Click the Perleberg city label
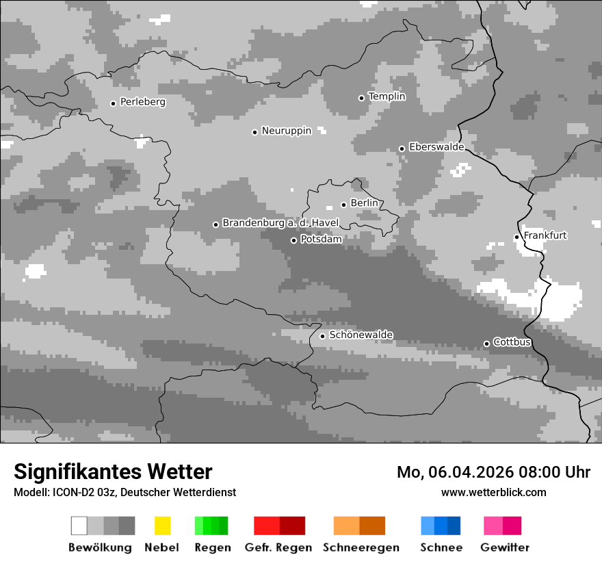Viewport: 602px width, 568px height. tap(142, 102)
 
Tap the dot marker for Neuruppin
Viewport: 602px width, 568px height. tap(254, 132)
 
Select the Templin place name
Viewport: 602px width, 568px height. tap(387, 96)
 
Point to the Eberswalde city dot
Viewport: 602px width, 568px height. tap(402, 149)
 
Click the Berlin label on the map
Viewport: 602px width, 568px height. tap(364, 203)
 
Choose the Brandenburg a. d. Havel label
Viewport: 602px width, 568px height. tap(280, 223)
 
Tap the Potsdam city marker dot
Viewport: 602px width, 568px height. tap(293, 240)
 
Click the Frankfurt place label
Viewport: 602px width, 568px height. tap(545, 235)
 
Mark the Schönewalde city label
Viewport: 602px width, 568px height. tap(361, 335)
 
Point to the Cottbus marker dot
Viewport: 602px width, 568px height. tap(486, 344)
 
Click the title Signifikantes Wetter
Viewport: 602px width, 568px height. tap(113, 472)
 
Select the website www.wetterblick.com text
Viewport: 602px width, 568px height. tap(493, 492)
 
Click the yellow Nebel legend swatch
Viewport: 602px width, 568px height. tap(162, 526)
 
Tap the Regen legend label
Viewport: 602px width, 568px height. tap(211, 547)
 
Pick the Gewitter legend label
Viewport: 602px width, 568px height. tap(504, 547)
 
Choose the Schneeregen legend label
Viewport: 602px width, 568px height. tap(361, 547)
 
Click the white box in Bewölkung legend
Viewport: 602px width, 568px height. tap(79, 526)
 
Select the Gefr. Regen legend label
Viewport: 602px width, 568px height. tap(278, 547)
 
